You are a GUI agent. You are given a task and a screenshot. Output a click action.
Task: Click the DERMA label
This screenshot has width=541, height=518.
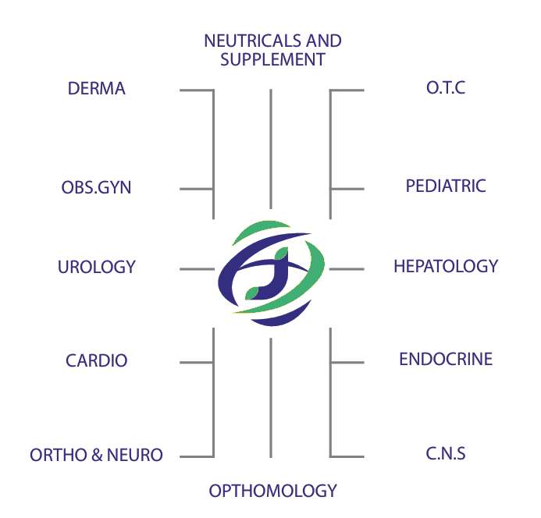point(97,88)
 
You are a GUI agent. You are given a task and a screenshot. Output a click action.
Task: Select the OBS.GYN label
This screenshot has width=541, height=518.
point(96,188)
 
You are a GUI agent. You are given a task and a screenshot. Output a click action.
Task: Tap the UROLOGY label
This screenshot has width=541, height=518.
point(97,267)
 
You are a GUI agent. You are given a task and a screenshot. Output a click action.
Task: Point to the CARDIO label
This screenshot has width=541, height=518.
point(97,361)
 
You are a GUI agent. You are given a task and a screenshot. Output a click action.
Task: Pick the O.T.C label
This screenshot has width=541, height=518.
point(446,87)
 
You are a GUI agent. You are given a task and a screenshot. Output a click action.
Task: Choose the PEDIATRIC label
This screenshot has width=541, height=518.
point(446,186)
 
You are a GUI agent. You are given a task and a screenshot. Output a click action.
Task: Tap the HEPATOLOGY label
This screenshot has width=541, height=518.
point(446,266)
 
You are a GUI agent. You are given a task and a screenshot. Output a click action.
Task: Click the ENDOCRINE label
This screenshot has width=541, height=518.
point(446,359)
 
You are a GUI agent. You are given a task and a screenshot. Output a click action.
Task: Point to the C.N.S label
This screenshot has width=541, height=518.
point(446,452)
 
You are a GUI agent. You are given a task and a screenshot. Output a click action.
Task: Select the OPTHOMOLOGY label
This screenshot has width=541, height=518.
point(272,491)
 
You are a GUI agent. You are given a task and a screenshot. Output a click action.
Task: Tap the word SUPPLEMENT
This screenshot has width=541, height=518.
point(272,59)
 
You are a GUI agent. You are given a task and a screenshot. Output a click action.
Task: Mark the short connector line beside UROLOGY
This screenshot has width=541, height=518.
point(197,269)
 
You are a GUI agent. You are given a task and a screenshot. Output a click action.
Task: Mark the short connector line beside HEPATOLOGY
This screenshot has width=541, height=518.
point(347,269)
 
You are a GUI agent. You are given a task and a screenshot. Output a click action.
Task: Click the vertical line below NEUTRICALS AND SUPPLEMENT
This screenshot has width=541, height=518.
point(271,148)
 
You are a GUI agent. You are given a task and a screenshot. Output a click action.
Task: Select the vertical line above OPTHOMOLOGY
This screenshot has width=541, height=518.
point(271,397)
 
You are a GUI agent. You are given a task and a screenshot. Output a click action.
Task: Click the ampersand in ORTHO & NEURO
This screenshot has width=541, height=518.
point(98,455)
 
